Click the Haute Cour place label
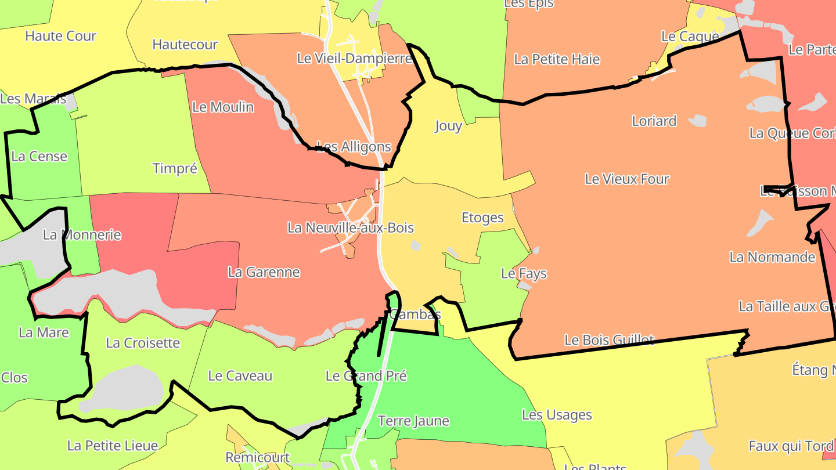pyautogui.click(x=60, y=36)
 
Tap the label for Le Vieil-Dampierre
pyautogui.click(x=354, y=59)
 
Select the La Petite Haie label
pyautogui.click(x=557, y=59)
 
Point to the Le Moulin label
pyautogui.click(x=223, y=107)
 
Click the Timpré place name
pyautogui.click(x=175, y=169)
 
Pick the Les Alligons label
pyautogui.click(x=354, y=147)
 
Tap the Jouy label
pyautogui.click(x=448, y=126)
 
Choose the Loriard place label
pyautogui.click(x=654, y=121)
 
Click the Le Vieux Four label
pyautogui.click(x=627, y=179)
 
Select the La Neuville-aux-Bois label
pyautogui.click(x=351, y=227)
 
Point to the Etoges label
pyautogui.click(x=482, y=218)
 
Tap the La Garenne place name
pyautogui.click(x=264, y=272)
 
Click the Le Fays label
pyautogui.click(x=524, y=273)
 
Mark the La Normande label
pyautogui.click(x=772, y=257)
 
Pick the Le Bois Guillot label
pyautogui.click(x=609, y=340)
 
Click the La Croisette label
pyautogui.click(x=143, y=343)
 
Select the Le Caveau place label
pyautogui.click(x=240, y=376)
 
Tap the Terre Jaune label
pyautogui.click(x=413, y=421)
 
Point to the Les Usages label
pyautogui.click(x=557, y=415)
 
